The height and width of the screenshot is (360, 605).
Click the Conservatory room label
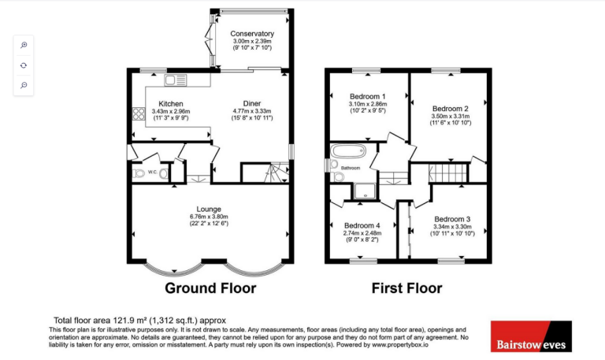252,34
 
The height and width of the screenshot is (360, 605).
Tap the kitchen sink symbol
176,80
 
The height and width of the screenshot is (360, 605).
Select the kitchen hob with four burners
139,113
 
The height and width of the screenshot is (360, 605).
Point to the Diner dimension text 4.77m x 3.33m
252,111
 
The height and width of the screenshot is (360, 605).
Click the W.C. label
152,172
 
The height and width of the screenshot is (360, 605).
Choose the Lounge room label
209,209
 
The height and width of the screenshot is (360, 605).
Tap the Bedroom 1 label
368,96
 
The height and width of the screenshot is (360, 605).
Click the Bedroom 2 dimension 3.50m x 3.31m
451,116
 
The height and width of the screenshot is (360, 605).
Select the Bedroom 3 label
452,219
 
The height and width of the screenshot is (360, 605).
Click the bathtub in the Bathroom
348,151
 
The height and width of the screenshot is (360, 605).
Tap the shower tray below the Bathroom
365,191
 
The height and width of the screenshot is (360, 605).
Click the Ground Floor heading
210,288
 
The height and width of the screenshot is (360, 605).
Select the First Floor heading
406,288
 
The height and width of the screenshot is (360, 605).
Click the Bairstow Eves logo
531,336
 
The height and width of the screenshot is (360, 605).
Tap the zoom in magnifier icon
24,45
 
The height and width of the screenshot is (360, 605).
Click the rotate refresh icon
24,65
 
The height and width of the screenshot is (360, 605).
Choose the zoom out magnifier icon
24,85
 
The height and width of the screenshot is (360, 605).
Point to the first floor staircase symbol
448,173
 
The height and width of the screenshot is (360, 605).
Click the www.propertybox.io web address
399,345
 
